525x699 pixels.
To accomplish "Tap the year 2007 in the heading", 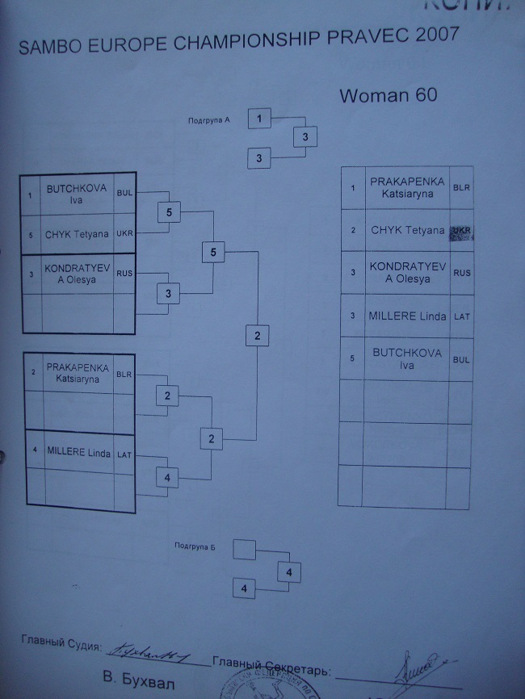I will click(x=426, y=36).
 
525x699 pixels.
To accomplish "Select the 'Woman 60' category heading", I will click(x=388, y=94).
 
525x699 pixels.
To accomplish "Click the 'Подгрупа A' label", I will click(x=209, y=120).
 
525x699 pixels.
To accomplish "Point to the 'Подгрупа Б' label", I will click(x=195, y=546).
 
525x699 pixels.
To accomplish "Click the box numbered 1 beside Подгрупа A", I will click(x=259, y=119).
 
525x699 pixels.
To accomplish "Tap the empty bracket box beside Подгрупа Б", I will click(x=244, y=550).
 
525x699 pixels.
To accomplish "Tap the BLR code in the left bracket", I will click(x=124, y=375).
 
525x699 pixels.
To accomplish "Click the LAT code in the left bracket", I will click(x=124, y=455).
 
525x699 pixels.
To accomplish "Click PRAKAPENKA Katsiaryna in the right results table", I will click(x=407, y=187).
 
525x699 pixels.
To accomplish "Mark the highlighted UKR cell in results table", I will click(x=461, y=231).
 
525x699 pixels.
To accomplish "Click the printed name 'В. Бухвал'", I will click(x=134, y=676).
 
